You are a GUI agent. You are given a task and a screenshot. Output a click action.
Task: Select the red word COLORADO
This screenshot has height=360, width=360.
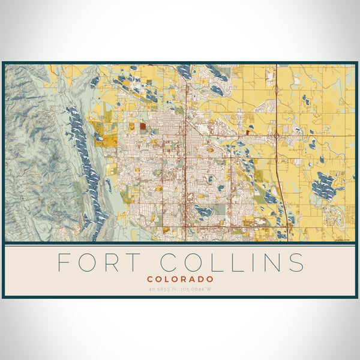pos(180,279)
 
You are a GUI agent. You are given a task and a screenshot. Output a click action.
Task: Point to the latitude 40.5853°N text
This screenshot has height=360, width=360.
pos(162,289)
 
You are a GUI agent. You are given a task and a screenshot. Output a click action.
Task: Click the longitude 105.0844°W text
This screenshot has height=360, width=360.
pos(197,289)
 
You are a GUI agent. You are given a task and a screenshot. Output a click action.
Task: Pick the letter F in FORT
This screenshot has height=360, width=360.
pos(64,262)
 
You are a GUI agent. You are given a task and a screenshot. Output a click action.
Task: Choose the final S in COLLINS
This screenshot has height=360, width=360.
pos(296,262)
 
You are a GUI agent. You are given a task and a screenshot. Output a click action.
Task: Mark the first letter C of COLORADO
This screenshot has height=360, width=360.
pos(149,279)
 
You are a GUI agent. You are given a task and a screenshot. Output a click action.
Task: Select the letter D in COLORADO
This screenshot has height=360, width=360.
pos(199,279)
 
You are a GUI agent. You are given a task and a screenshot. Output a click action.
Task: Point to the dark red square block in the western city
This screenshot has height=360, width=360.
pos(143,126)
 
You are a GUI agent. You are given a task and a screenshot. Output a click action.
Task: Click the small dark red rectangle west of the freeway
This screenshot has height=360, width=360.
pos(248,133)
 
